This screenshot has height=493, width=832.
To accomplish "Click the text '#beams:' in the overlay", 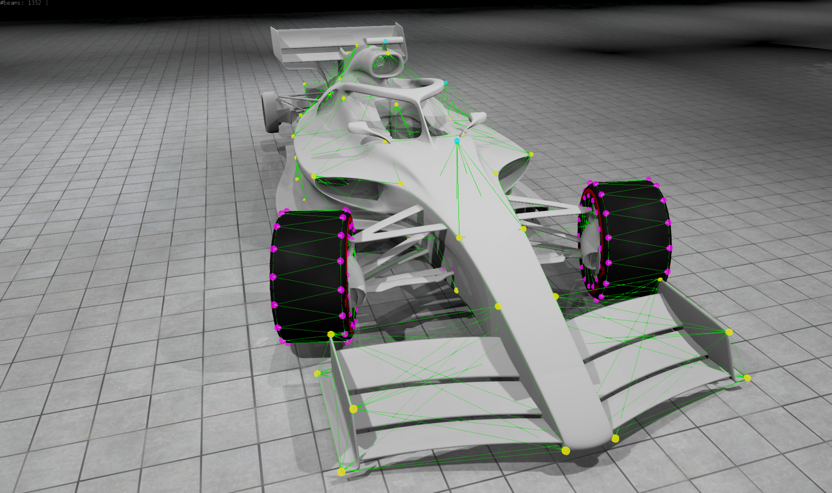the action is coord(12,3).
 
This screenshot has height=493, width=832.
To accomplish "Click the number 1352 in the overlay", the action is coord(35,3).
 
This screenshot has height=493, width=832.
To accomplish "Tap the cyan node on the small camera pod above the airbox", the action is coord(385,41).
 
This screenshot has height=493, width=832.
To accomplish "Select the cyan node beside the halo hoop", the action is coord(445,82).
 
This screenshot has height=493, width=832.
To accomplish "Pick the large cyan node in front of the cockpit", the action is coord(457,141).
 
